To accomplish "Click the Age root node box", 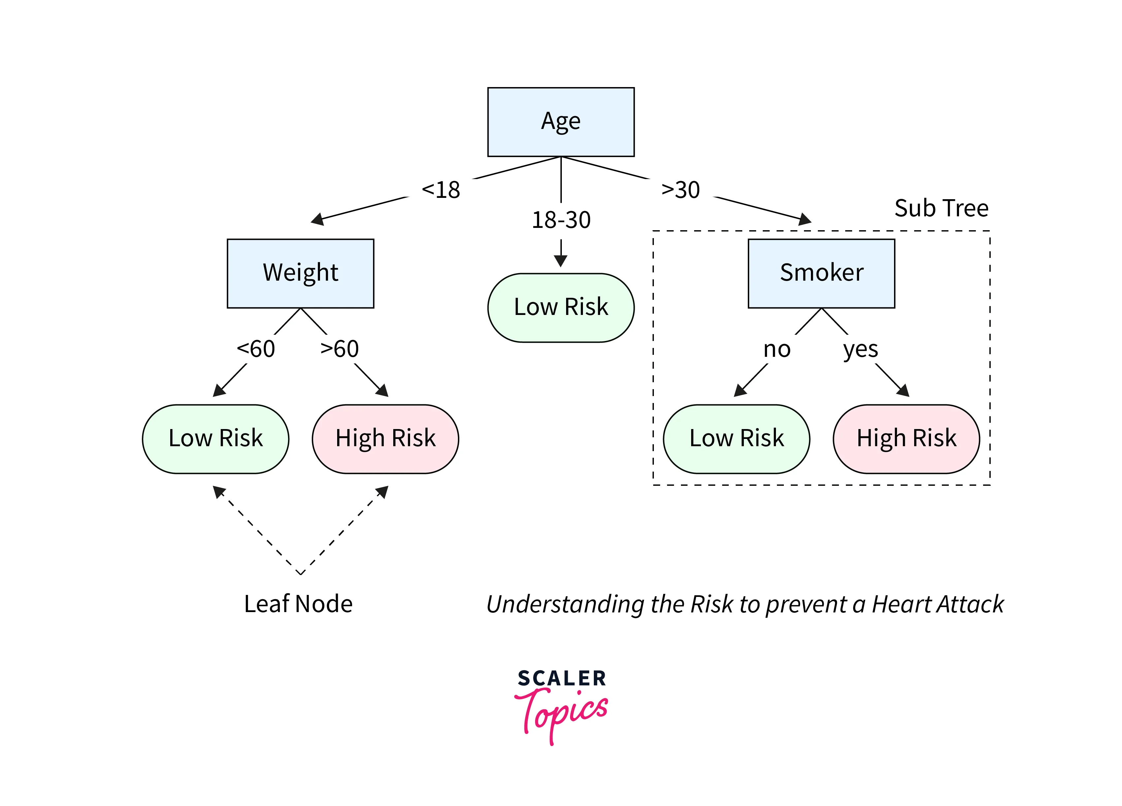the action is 561,122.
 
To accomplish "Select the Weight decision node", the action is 300,273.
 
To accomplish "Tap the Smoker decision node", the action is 821,273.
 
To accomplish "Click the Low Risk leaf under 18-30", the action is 561,308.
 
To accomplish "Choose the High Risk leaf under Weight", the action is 385,439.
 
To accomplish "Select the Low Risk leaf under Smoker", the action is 737,439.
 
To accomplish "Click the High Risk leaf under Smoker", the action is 906,439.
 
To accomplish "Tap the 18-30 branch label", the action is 561,220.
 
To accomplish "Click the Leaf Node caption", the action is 298,604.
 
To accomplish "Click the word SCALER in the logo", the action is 562,678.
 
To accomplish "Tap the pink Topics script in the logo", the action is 562,715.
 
